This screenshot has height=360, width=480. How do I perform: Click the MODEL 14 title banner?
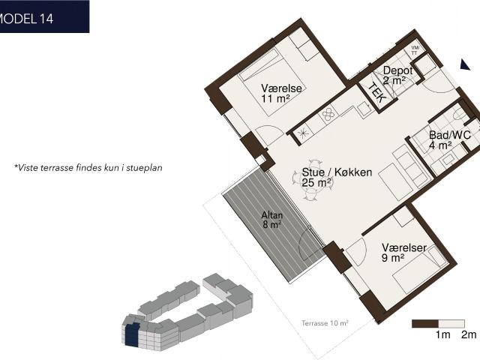pos(44,16)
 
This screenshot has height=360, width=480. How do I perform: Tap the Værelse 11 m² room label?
pos(281,93)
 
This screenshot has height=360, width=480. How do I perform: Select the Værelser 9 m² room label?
pos(403,253)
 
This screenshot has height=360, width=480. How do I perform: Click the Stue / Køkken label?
pos(337,172)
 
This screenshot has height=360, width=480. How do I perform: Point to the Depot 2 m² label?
pos(397,75)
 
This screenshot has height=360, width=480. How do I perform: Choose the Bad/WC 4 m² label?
pos(449,140)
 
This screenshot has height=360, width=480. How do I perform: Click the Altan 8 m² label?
pos(271,220)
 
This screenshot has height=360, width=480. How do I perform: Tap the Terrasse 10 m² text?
pos(325,323)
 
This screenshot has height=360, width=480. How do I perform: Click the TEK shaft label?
pos(376,93)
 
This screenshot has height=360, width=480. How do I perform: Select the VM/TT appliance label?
pos(415,50)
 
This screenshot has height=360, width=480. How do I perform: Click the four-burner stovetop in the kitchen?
pos(328,115)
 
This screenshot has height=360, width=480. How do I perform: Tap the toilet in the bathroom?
pos(459,115)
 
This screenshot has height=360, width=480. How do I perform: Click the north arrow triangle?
pos(465,64)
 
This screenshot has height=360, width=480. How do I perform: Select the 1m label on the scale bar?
pos(443,335)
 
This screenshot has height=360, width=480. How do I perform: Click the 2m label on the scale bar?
pos(469,335)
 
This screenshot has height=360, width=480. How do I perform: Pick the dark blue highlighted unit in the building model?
pos(132,335)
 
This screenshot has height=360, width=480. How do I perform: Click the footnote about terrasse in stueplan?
pos(88,168)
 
